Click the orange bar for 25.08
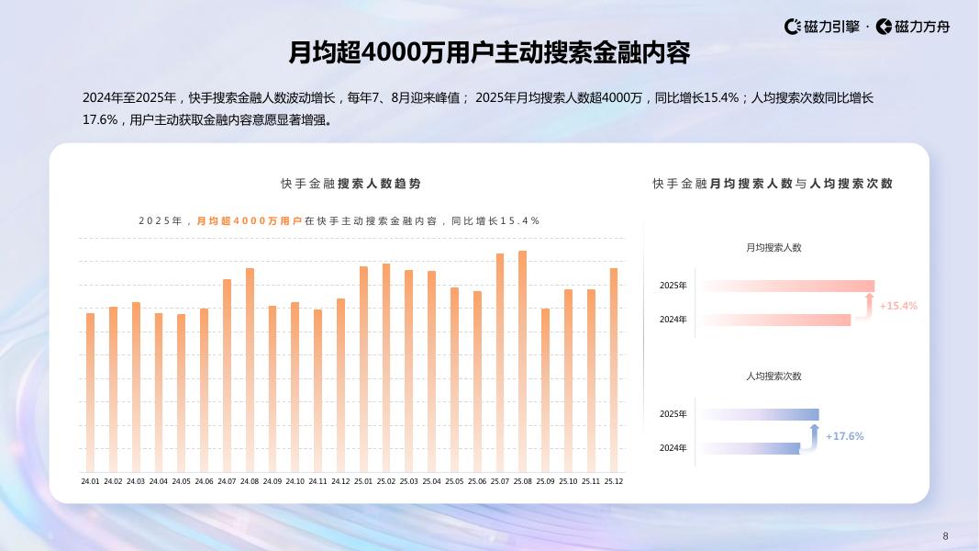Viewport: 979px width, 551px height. [x=522, y=361]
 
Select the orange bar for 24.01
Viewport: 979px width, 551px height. [x=90, y=392]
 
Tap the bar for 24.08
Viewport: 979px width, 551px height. [x=250, y=370]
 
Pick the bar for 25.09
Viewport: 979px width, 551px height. [x=545, y=390]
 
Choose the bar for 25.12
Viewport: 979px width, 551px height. [x=614, y=370]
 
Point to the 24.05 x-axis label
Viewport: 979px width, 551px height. [x=181, y=481]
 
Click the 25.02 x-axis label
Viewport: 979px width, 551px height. [x=385, y=481]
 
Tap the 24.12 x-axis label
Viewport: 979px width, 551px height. [x=340, y=481]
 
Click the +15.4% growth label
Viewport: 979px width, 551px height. [x=898, y=306]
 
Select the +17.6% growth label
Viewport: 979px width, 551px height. [x=844, y=436]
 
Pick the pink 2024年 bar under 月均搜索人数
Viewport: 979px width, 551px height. [x=775, y=320]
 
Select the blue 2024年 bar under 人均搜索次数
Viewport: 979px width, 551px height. [x=749, y=448]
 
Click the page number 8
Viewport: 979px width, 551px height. [x=945, y=536]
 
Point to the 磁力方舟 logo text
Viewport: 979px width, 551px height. [x=921, y=27]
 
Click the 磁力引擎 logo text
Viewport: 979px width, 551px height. [x=831, y=27]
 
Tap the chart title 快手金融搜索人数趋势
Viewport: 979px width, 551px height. [x=350, y=184]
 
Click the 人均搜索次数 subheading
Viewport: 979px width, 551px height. [x=773, y=377]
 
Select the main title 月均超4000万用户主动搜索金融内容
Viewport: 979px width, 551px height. [x=489, y=53]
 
